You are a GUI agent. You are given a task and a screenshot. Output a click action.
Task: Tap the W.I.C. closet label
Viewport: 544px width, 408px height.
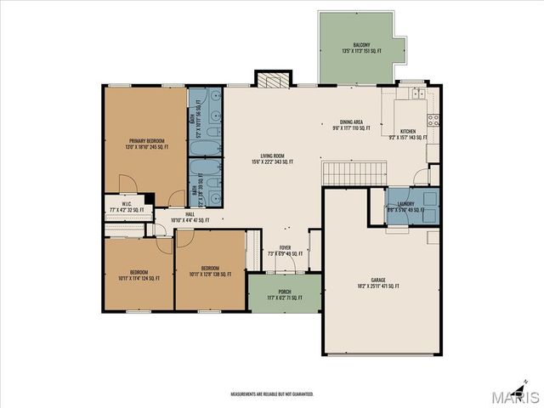click(x=125, y=207)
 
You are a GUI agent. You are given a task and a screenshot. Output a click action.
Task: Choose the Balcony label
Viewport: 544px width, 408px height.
click(x=362, y=48)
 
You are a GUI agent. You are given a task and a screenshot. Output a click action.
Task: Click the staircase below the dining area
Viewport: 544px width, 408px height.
click(x=347, y=173)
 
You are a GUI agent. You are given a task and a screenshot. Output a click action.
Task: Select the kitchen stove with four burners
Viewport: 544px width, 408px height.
click(x=432, y=118)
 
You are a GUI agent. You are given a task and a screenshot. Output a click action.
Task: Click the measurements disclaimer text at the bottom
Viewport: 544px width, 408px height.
click(x=272, y=394)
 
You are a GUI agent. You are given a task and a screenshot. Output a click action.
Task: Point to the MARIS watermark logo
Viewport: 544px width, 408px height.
click(x=513, y=396)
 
